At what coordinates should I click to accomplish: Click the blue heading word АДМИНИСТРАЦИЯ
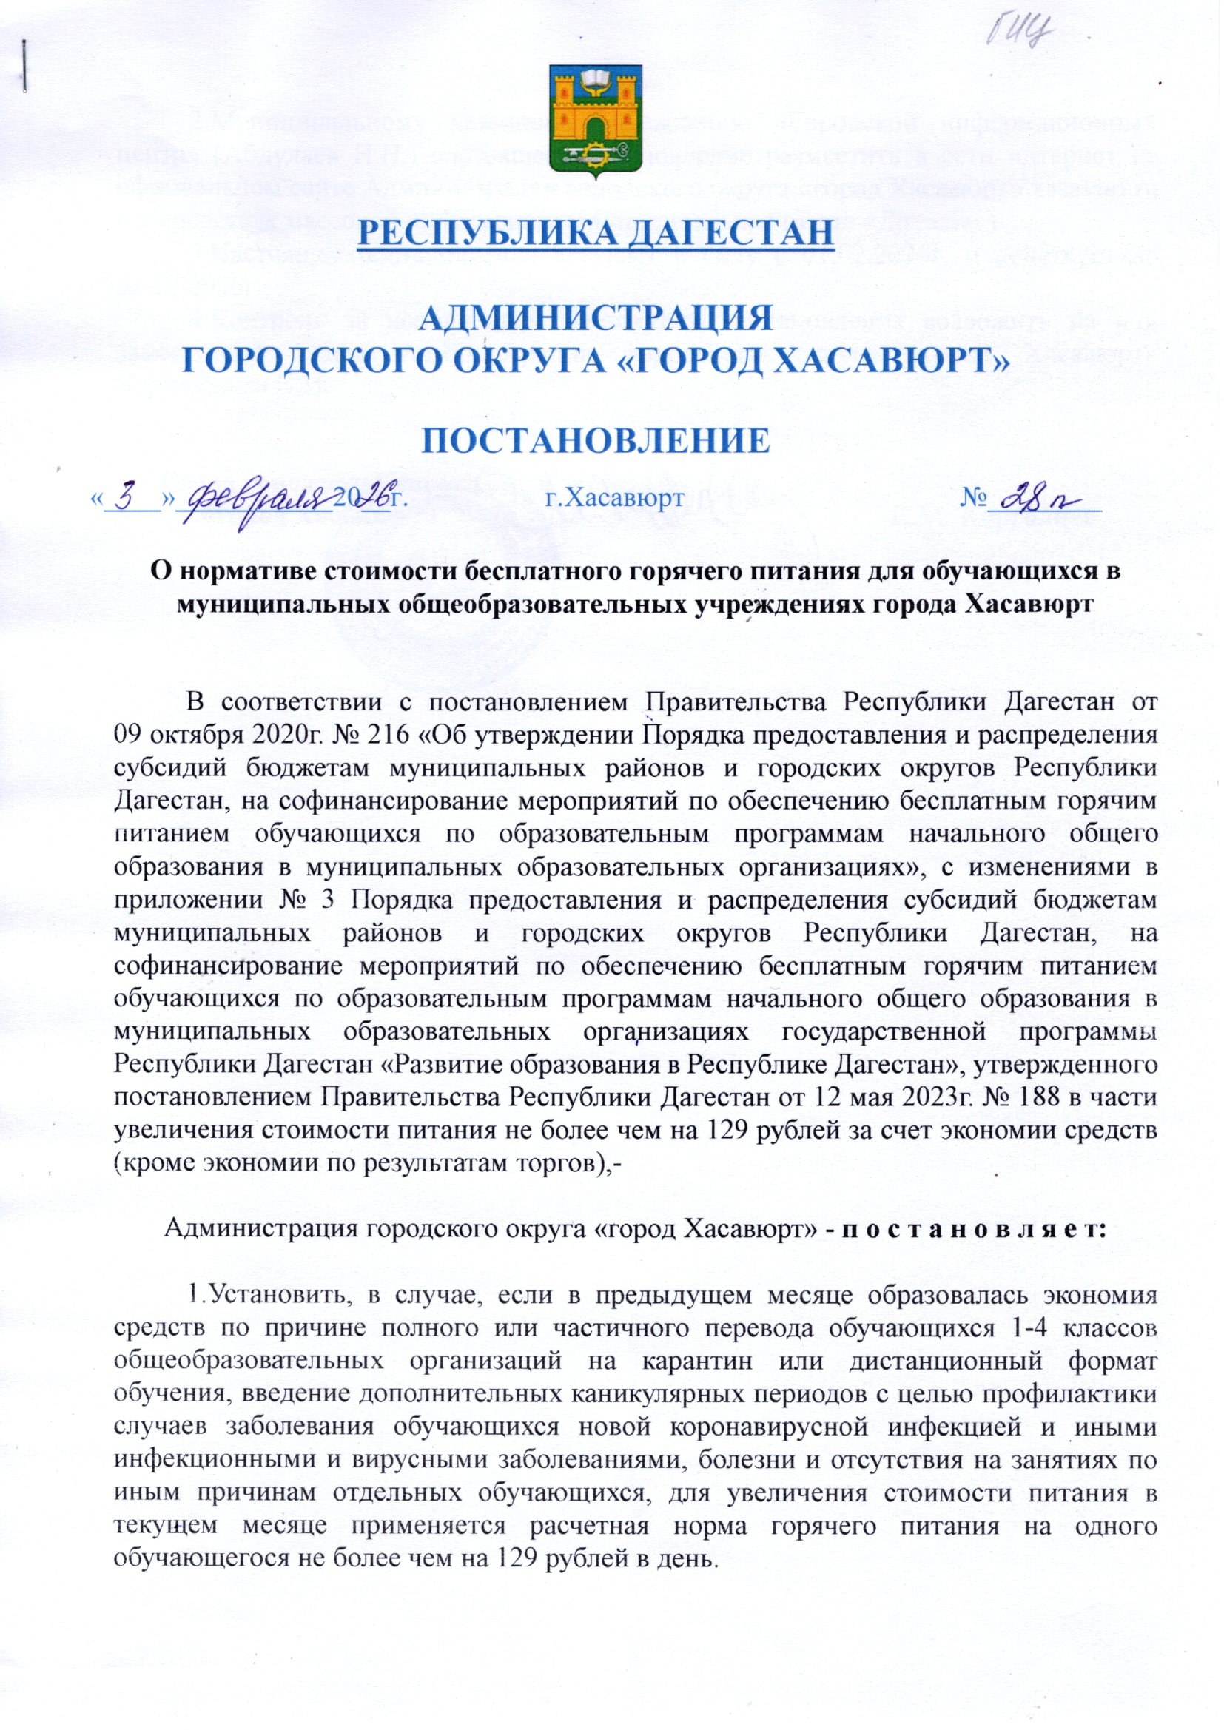[595, 318]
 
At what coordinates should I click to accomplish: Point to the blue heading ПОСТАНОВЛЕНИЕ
[595, 441]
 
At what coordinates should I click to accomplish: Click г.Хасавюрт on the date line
[614, 498]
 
